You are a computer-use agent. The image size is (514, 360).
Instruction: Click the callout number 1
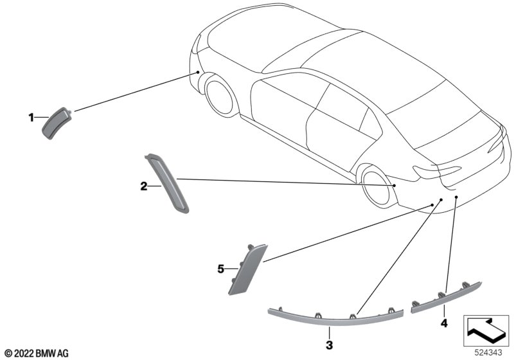(31, 118)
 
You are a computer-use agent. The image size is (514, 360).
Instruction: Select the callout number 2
(143, 186)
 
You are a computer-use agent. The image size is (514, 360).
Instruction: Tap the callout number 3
(330, 345)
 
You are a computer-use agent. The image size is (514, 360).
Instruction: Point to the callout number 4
(444, 323)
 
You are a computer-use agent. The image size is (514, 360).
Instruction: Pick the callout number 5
(220, 269)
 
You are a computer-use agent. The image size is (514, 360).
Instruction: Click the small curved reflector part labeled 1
(57, 123)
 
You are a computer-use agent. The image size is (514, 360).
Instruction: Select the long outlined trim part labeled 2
(166, 183)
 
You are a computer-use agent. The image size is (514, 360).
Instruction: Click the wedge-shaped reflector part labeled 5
(247, 269)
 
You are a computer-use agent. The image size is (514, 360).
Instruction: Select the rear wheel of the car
(377, 186)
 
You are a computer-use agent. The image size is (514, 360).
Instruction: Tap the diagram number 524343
(488, 353)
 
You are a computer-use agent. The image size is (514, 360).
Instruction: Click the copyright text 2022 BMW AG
(37, 354)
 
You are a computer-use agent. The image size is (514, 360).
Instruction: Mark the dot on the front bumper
(198, 71)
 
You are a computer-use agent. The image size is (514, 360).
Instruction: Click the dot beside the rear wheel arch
(394, 186)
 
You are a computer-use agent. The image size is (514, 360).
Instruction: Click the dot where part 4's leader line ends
(456, 197)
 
